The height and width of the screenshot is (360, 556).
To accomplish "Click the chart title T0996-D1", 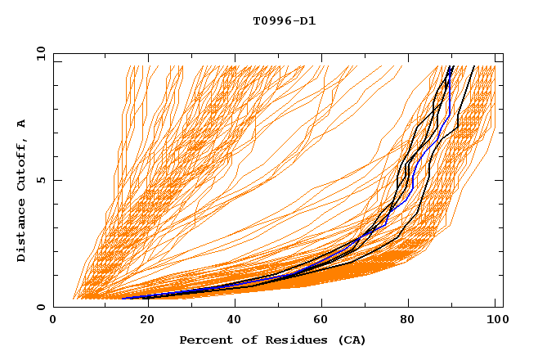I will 284,20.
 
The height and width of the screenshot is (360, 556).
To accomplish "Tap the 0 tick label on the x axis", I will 53,322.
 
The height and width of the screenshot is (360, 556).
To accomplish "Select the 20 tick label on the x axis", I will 141,322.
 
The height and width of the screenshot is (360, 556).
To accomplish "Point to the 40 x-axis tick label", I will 231,322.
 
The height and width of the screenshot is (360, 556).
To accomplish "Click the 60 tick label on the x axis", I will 319,322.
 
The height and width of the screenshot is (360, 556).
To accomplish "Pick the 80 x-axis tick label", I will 407,322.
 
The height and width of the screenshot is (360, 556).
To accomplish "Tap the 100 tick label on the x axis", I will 495,322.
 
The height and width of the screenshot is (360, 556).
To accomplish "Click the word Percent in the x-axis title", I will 204,340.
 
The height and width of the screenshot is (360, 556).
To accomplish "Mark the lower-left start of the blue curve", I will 123,298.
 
